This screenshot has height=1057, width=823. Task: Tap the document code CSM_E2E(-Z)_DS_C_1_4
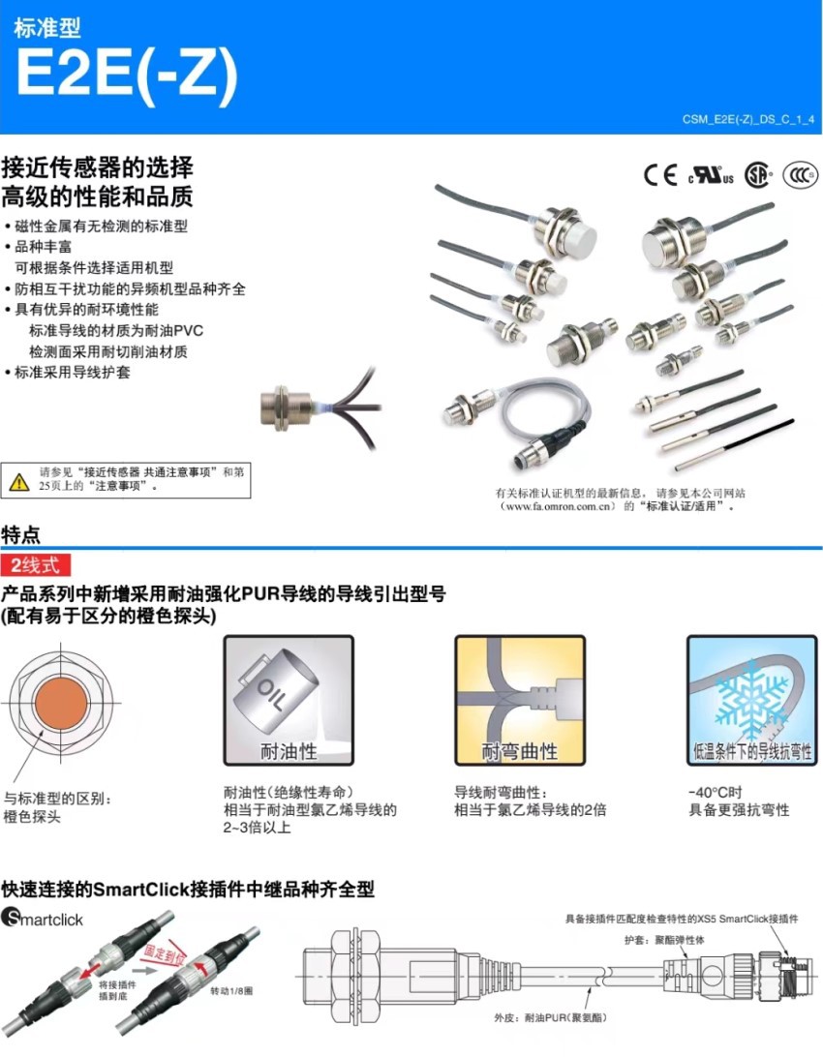click(x=747, y=120)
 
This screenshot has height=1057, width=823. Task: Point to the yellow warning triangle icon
click(x=18, y=480)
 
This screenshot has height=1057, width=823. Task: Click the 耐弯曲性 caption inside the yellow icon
click(x=520, y=751)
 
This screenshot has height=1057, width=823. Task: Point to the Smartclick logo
click(x=43, y=917)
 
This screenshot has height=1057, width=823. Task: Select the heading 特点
click(x=21, y=533)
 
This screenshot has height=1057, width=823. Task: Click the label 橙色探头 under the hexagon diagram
click(x=32, y=817)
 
